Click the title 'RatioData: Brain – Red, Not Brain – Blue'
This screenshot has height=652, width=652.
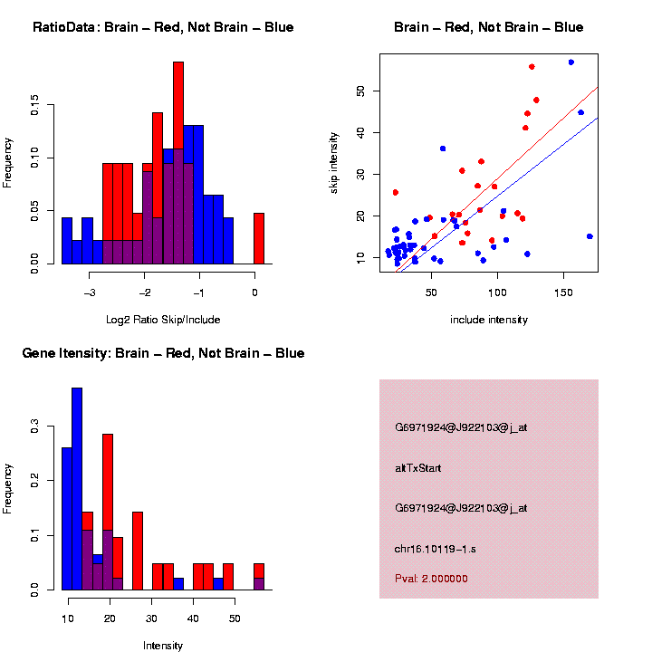pyautogui.click(x=163, y=27)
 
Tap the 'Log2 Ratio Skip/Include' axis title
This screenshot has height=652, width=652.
pyautogui.click(x=162, y=320)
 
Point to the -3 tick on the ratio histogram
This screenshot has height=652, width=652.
pyautogui.click(x=90, y=292)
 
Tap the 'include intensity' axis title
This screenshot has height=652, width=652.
pyautogui.click(x=489, y=320)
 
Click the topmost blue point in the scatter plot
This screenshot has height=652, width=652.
pyautogui.click(x=571, y=62)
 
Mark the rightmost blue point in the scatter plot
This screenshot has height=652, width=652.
pyautogui.click(x=590, y=236)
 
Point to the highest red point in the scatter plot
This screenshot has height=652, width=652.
pyautogui.click(x=532, y=66)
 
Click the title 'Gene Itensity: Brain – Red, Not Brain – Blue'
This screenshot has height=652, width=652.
pyautogui.click(x=163, y=353)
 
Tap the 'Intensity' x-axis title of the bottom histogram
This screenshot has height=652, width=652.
pyautogui.click(x=163, y=646)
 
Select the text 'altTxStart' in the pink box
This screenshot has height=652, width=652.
pyautogui.click(x=418, y=468)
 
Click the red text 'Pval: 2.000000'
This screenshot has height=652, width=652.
pyautogui.click(x=431, y=578)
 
